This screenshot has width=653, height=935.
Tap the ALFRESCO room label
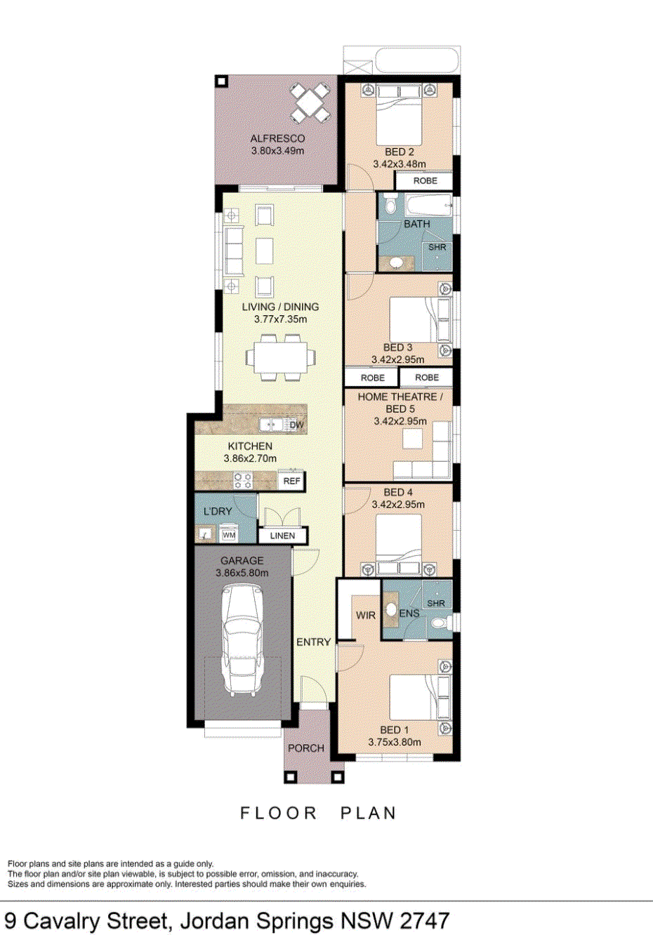point(277,139)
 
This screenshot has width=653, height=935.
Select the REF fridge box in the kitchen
point(291,481)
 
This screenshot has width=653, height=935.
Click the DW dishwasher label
point(296,425)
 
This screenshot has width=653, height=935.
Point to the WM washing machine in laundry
point(229,535)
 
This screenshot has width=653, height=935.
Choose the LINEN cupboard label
point(282,536)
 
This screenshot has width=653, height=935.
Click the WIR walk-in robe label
point(365,616)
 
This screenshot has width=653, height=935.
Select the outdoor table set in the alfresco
point(310,102)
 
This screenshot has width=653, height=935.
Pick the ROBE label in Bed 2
point(425,181)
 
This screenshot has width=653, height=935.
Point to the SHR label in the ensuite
point(435,603)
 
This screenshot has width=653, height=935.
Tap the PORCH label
point(306,748)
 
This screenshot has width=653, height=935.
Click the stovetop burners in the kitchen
point(243,481)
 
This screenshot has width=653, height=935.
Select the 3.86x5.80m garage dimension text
point(242,573)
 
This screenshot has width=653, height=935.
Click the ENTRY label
point(313,642)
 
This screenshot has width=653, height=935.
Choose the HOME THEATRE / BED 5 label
point(400,402)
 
